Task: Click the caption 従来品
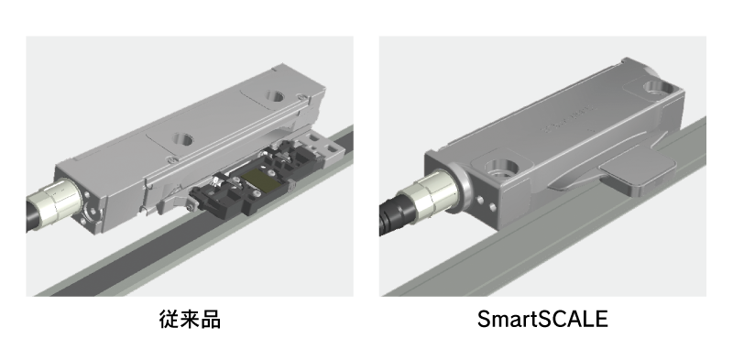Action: pos(190,320)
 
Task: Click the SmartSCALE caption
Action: pos(542,320)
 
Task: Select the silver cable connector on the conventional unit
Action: pos(59,202)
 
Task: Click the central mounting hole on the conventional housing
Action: pos(181,139)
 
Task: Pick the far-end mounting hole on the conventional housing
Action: pos(275,97)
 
